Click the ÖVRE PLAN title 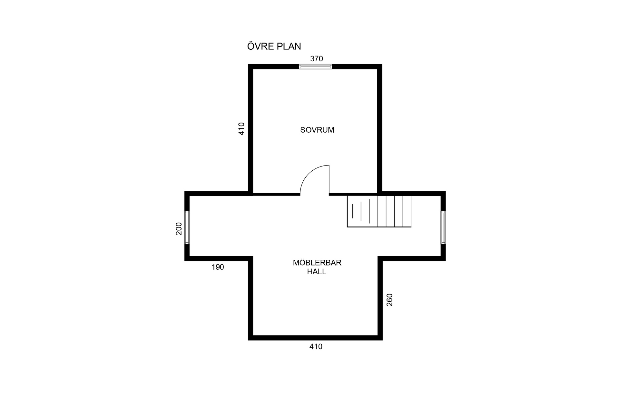274,46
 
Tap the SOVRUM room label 317,130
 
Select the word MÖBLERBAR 317,263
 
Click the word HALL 317,272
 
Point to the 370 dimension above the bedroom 317,59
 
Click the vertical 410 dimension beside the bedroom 241,129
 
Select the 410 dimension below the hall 316,347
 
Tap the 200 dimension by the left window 179,229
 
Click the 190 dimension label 218,267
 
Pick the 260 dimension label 389,300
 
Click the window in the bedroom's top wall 315,67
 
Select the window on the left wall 187,228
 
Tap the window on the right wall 443,228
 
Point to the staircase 379,211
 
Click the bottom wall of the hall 315,338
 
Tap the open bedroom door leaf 329,180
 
